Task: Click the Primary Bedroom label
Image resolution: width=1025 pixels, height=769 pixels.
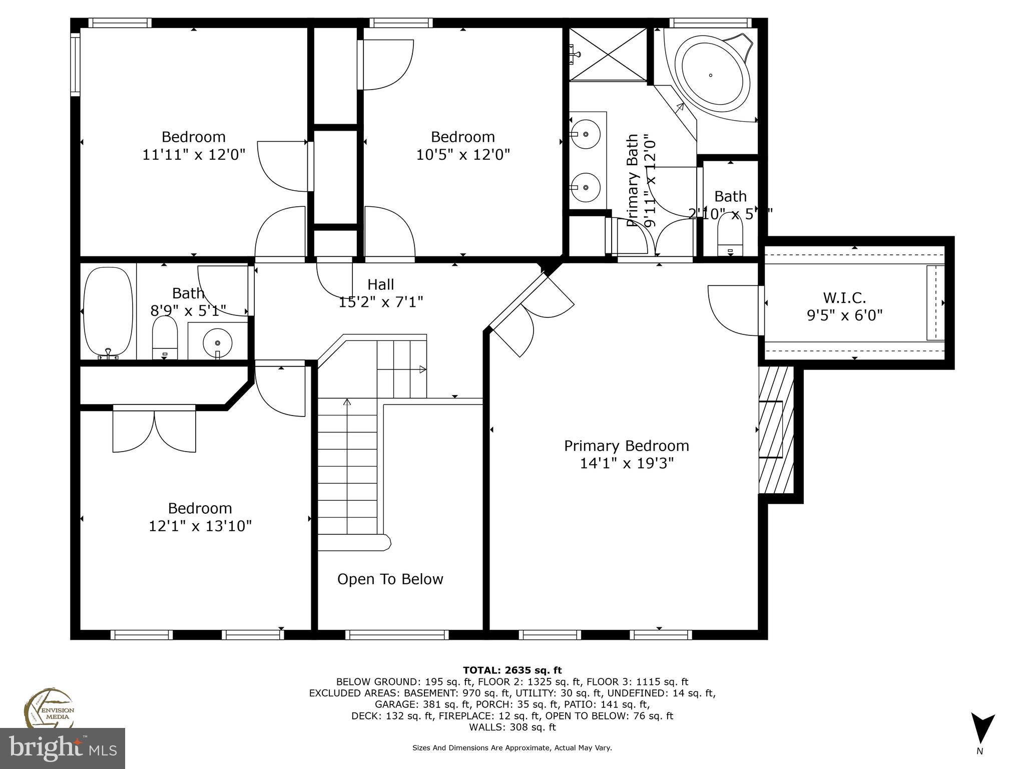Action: coord(626,446)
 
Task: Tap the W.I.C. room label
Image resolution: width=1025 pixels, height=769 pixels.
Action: coord(844,298)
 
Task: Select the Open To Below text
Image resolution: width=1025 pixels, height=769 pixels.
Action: coord(390,579)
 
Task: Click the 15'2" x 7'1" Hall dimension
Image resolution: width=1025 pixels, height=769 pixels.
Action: coord(381,302)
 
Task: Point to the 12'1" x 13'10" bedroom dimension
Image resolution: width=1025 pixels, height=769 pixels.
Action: coord(200,526)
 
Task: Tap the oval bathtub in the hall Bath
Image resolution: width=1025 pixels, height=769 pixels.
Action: coord(108,311)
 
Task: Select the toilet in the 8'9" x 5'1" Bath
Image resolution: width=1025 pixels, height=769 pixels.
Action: coord(165,338)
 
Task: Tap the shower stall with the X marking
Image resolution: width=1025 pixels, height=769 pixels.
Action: coord(609,54)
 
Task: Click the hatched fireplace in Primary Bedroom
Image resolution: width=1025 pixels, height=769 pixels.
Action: coord(775,430)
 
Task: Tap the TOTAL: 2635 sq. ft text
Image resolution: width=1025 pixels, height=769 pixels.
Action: coord(512,670)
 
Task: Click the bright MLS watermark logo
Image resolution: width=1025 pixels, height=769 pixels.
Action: coord(63,747)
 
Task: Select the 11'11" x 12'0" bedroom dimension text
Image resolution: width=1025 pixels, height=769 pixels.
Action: coord(194,154)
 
